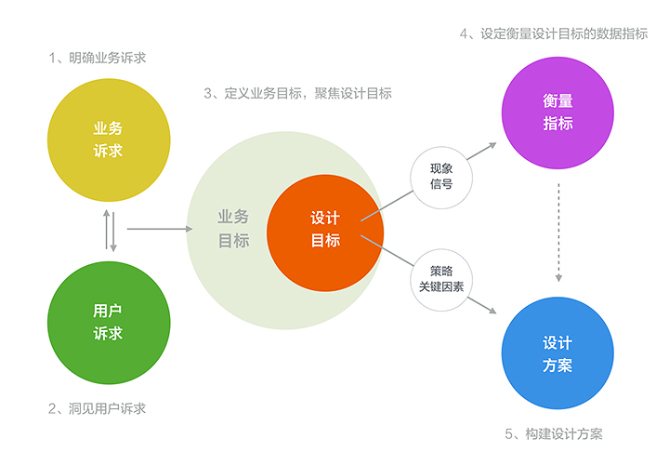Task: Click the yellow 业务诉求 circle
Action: (x=109, y=139)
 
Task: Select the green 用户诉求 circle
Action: (x=109, y=321)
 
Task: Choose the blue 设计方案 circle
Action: (x=558, y=353)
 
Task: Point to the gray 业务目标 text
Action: (x=233, y=229)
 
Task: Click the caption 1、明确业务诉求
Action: (x=98, y=58)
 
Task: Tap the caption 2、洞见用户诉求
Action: (x=98, y=408)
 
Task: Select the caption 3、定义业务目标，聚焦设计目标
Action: (x=297, y=93)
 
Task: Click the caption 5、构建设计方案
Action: (x=555, y=433)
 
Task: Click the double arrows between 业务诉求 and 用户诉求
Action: (x=111, y=231)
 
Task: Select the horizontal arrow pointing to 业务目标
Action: (x=153, y=228)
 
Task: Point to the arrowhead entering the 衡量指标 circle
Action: (x=494, y=147)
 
